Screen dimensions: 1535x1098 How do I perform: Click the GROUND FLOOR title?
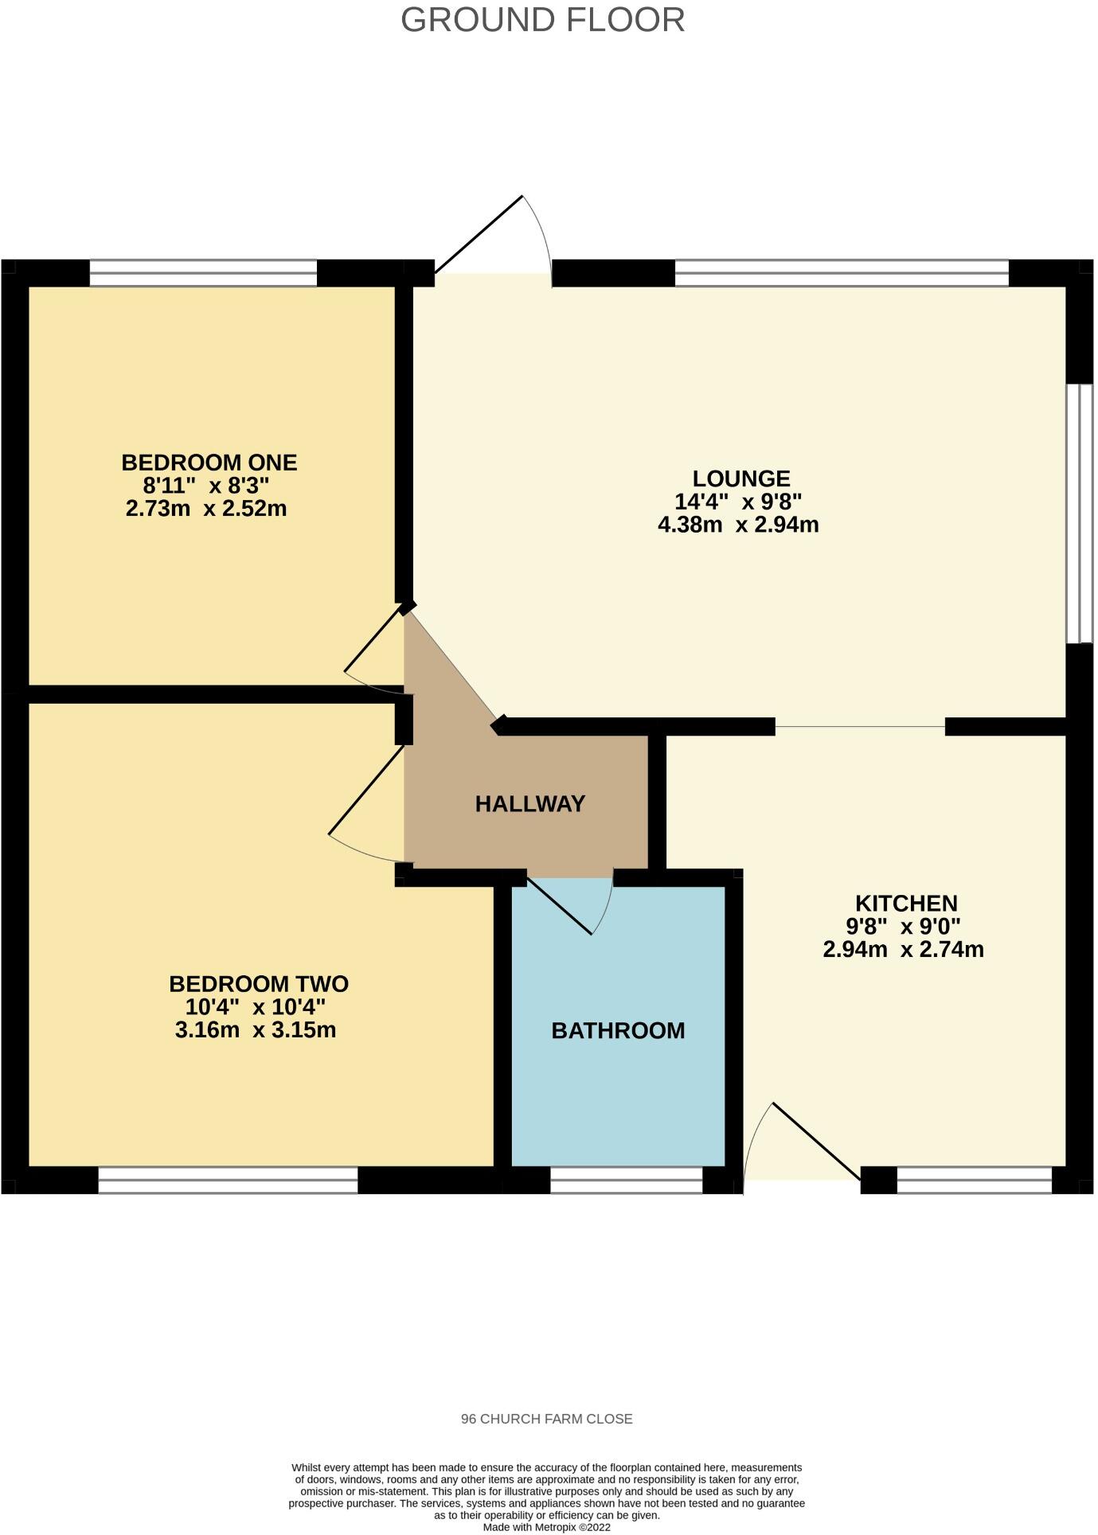(x=542, y=20)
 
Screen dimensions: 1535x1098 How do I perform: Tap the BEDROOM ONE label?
(x=209, y=463)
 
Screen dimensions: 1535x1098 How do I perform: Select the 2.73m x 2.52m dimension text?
(x=206, y=508)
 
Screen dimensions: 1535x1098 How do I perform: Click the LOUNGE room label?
(x=740, y=478)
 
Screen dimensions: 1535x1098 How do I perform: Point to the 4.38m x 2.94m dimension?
(x=738, y=525)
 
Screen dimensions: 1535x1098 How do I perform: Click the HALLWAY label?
(x=530, y=804)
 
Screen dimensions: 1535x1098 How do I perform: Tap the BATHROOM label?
(x=618, y=1031)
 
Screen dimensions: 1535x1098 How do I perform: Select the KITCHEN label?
(x=906, y=904)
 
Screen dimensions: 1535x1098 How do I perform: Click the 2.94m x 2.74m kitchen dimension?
(x=903, y=949)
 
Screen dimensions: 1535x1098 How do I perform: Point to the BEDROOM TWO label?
(x=259, y=984)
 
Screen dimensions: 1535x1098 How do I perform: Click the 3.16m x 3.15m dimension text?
(x=255, y=1029)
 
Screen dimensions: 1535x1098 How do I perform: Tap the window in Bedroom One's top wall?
(x=203, y=273)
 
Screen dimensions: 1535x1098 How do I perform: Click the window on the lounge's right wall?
(x=1080, y=514)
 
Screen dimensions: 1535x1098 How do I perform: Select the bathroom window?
(x=626, y=1180)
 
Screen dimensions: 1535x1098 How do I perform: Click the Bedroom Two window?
(x=228, y=1180)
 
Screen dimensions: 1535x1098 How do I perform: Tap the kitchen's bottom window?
(x=974, y=1180)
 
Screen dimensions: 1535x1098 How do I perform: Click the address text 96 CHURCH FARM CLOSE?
(x=546, y=1419)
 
